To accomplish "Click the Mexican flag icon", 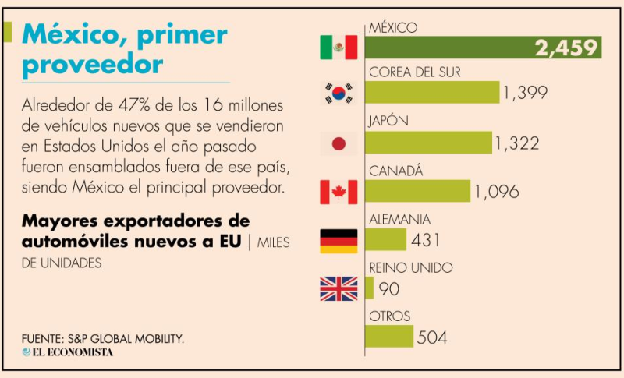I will (339, 48).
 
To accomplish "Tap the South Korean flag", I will (339, 94).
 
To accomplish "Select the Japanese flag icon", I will (339, 143).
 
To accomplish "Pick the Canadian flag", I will (339, 192).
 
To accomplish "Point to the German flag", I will (339, 241).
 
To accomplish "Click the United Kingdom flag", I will (339, 289).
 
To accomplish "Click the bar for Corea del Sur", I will (432, 93).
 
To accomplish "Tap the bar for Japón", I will (428, 143).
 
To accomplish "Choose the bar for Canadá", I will (417, 191).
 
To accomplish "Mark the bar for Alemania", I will (385, 239).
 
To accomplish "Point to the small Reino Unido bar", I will (369, 288).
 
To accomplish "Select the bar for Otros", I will (388, 337).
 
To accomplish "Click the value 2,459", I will (566, 48).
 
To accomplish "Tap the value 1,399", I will (525, 94).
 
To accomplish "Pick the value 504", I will (432, 337).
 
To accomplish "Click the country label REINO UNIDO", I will (409, 268).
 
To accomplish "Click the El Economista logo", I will (68, 352).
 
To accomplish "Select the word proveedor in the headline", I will (93, 64).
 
